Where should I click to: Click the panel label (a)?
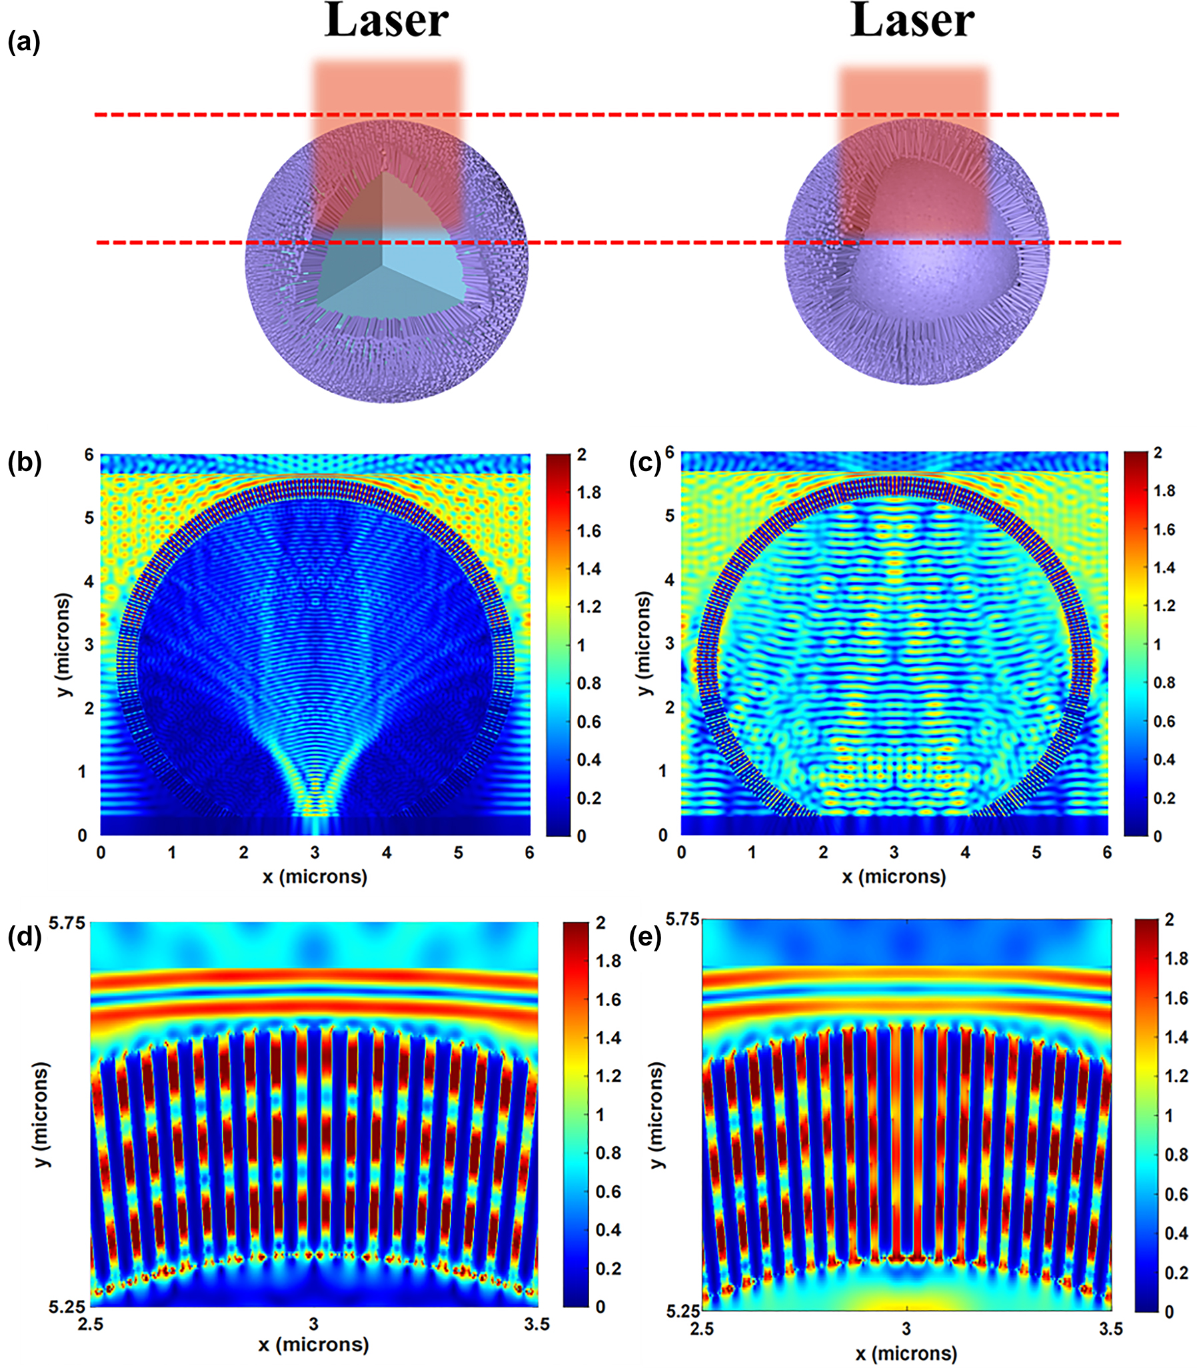click(x=23, y=43)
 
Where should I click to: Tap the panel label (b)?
click(x=24, y=463)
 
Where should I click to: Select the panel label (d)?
click(x=24, y=937)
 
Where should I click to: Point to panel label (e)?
click(x=645, y=937)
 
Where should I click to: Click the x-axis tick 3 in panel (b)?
click(x=315, y=853)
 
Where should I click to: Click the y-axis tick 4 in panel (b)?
click(x=88, y=581)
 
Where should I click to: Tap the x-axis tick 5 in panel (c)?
click(x=1036, y=852)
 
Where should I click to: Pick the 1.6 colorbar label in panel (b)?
click(x=589, y=531)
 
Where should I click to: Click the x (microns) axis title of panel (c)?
click(x=893, y=876)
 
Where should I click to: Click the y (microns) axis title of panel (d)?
click(x=41, y=1114)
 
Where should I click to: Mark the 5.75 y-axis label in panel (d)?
click(x=67, y=923)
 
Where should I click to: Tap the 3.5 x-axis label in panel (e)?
click(x=1110, y=1329)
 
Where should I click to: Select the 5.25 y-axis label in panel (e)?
click(x=682, y=1311)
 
